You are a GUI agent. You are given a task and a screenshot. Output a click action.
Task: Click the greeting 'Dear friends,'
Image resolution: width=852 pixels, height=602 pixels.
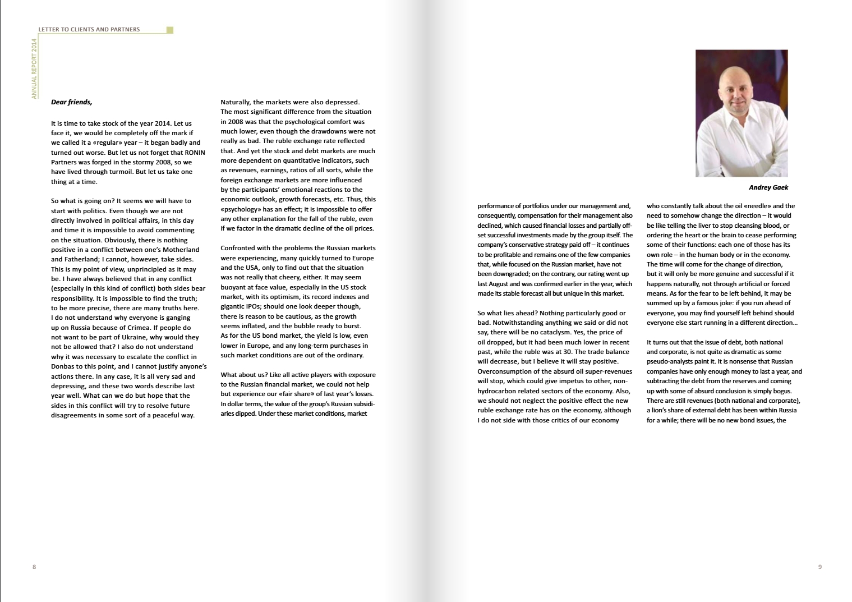(x=71, y=102)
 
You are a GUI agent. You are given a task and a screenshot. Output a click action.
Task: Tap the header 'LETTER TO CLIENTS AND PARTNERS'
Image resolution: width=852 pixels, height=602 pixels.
(x=89, y=29)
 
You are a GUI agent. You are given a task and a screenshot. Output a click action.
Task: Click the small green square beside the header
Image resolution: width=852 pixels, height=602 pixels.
(x=170, y=30)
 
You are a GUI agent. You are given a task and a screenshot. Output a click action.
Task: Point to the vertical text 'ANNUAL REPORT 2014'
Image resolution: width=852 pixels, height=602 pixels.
(x=34, y=68)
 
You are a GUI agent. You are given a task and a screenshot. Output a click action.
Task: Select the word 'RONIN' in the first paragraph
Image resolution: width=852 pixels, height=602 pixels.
(x=195, y=153)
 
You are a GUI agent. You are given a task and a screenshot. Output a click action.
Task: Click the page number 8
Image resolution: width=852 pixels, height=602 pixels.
(x=34, y=567)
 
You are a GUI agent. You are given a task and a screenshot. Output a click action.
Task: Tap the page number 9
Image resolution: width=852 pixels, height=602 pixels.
(x=820, y=567)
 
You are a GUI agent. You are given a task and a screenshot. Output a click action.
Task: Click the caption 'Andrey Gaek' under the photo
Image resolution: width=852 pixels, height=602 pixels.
(x=768, y=187)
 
